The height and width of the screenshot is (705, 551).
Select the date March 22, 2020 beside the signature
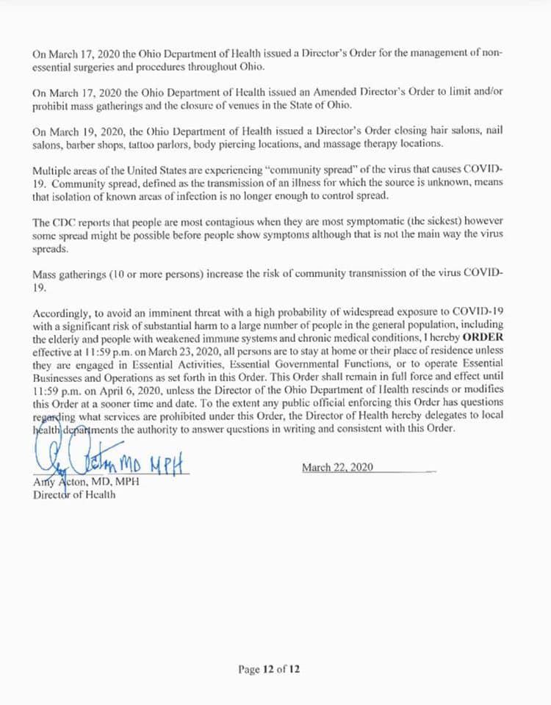339,468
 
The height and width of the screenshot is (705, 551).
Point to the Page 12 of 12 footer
269,669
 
